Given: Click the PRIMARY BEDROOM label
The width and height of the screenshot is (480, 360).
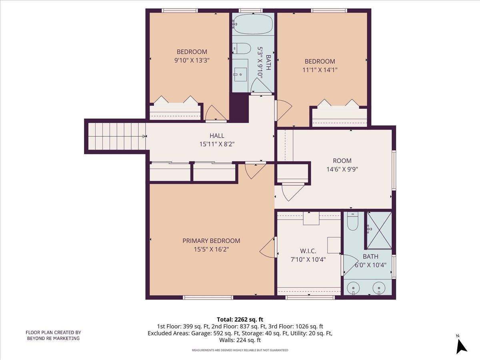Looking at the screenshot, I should (211, 241).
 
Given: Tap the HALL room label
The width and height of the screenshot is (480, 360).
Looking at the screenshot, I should (217, 136).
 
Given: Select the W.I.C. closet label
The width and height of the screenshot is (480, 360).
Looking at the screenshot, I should (308, 251).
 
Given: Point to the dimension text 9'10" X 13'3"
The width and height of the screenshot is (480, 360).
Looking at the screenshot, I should (192, 60).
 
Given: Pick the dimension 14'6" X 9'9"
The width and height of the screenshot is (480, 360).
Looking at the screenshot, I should (342, 169).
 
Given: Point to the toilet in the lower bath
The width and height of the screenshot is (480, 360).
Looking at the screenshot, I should (352, 222).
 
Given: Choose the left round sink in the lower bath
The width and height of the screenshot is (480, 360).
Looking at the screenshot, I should (353, 288).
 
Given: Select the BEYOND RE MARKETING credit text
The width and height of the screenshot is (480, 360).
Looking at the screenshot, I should (53, 338).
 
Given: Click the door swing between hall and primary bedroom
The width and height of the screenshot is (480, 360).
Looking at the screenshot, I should (254, 170).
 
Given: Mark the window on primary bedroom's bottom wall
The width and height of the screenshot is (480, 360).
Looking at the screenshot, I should (208, 297).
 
